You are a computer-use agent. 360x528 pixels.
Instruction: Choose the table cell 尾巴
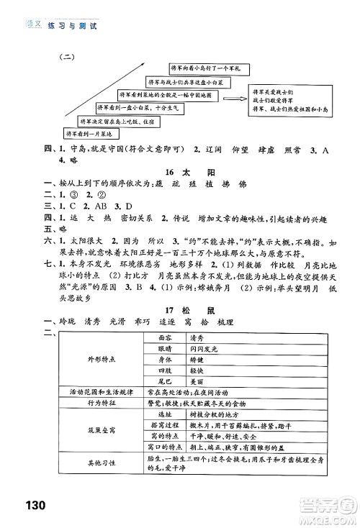(166, 381)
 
